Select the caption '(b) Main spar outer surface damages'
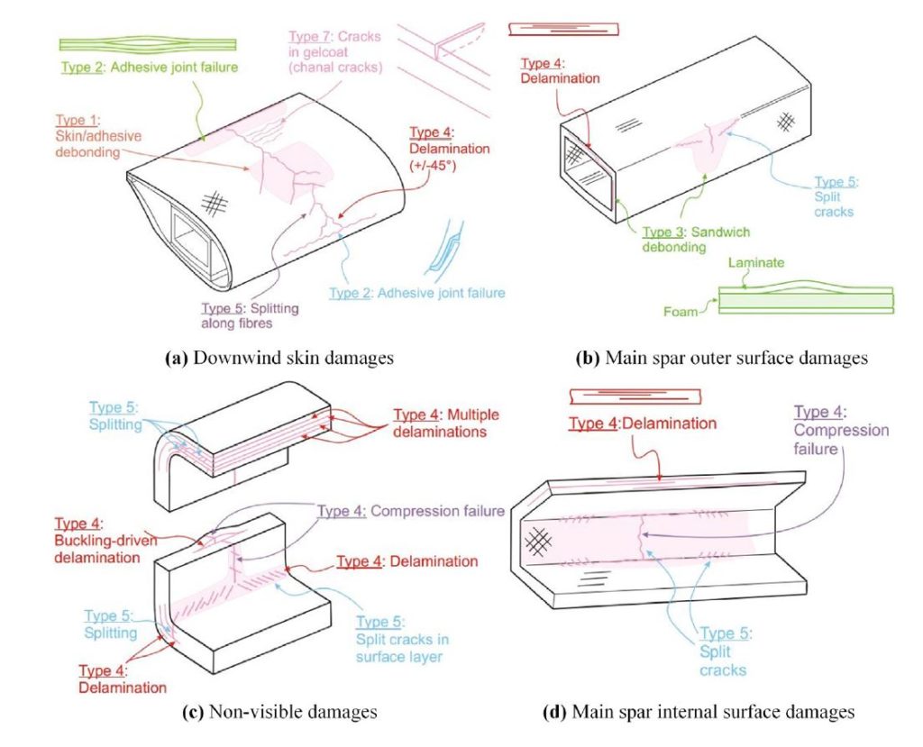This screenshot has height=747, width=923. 721,358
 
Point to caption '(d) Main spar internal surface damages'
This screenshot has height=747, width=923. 699,712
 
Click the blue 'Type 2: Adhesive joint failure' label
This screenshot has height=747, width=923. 416,293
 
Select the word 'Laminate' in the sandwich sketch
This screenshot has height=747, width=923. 756,263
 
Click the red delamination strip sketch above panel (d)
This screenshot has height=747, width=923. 635,396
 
